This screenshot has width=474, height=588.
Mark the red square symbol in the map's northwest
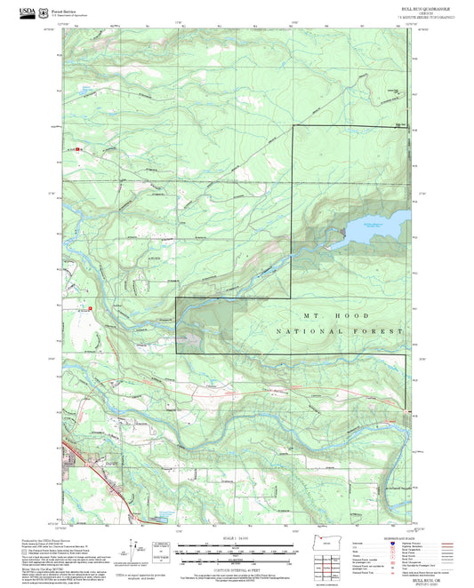(79, 149)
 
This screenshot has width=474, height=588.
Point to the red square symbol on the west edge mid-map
(76, 310)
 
